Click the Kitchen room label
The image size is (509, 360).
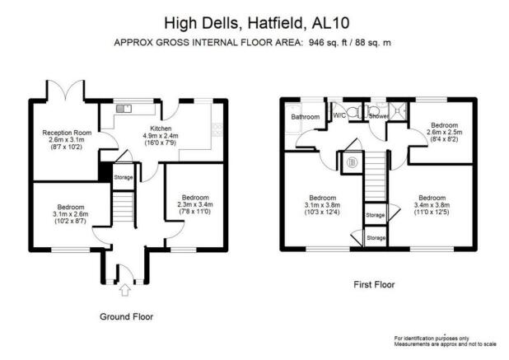click(x=161, y=129)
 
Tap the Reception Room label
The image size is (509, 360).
click(x=67, y=133)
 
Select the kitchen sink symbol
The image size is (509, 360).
click(x=124, y=109)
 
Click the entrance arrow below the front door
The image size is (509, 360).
click(x=124, y=290)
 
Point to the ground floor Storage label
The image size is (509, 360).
click(x=124, y=177)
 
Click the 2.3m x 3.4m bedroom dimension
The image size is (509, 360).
click(x=195, y=204)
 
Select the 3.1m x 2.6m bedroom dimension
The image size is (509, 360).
click(x=71, y=214)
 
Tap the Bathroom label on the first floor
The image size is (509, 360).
click(x=305, y=116)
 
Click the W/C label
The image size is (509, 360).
click(x=339, y=115)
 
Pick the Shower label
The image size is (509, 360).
click(x=379, y=116)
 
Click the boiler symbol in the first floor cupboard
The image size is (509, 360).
click(x=353, y=162)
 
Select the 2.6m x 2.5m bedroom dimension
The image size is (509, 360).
click(x=444, y=133)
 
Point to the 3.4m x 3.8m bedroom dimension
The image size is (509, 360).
click(x=432, y=205)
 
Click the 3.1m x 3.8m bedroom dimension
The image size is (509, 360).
click(x=322, y=205)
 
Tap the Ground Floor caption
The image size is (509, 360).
click(x=126, y=316)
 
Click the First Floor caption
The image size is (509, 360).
click(x=374, y=285)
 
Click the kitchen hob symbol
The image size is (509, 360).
click(x=217, y=129)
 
